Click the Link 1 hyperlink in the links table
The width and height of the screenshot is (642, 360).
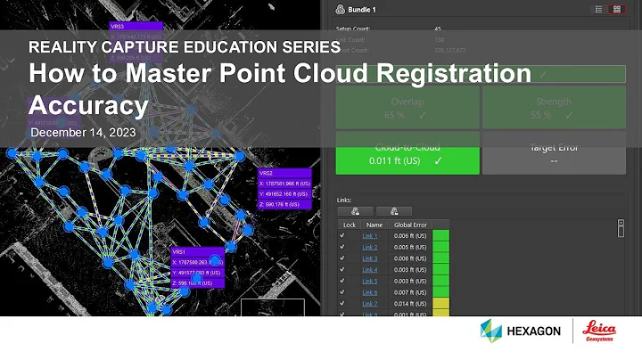369,235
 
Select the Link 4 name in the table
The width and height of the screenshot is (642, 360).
369,269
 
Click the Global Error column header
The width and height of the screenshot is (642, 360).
411,225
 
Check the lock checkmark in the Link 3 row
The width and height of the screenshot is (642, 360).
342,258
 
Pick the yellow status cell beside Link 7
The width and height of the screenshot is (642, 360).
440,303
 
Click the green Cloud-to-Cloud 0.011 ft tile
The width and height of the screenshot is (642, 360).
407,153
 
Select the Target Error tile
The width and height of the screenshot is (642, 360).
554,153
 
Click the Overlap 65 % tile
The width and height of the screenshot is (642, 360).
407,108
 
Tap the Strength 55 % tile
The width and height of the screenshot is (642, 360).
554,108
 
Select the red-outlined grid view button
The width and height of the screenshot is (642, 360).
615,10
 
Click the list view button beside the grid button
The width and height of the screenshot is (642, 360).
597,10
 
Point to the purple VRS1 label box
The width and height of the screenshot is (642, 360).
197,268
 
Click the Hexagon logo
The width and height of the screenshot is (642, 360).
521,331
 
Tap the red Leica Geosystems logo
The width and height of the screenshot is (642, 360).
596,330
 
